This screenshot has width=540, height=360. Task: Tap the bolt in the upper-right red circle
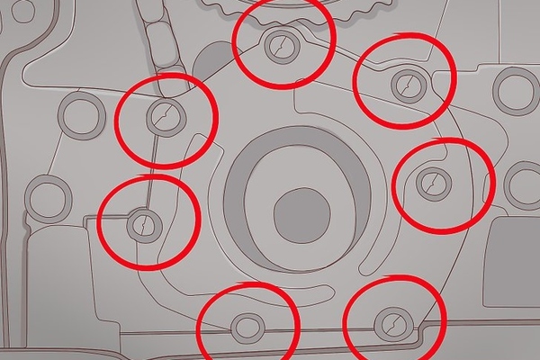click(x=406, y=85)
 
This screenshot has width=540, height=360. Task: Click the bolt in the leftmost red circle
click(x=141, y=222)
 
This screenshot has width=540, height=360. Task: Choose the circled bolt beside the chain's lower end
click(x=166, y=114)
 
